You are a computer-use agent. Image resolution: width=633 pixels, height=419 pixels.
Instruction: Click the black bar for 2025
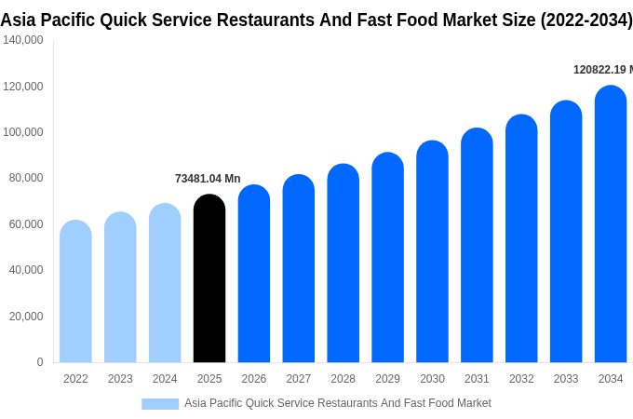(x=209, y=279)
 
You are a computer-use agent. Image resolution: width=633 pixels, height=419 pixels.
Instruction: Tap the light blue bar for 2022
(x=75, y=292)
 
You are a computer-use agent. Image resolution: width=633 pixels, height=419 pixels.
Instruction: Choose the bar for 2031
(x=477, y=246)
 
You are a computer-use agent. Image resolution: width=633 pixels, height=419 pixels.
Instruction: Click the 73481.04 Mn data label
(x=208, y=179)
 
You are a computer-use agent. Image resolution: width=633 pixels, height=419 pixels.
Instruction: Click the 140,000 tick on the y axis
(x=23, y=40)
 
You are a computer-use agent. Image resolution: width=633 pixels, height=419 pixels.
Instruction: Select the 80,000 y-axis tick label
(x=23, y=178)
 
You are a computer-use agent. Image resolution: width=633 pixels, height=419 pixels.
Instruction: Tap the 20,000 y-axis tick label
(x=23, y=317)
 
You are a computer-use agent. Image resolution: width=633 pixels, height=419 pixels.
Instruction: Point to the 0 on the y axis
(x=39, y=362)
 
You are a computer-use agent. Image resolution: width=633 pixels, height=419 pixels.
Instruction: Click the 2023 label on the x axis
(x=120, y=379)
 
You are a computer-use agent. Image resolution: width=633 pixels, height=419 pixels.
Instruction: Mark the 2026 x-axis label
(x=254, y=379)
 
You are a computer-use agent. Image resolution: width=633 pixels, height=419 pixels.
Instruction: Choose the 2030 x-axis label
(x=432, y=379)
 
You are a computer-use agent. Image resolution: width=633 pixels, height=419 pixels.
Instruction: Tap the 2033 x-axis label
(x=566, y=379)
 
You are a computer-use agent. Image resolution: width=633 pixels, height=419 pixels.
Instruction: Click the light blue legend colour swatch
(x=160, y=404)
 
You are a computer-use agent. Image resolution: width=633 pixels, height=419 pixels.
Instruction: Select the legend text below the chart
(x=338, y=403)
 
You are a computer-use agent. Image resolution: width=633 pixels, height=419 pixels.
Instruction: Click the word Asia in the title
(x=20, y=20)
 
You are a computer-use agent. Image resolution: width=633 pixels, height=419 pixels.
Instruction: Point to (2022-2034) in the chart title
(x=586, y=20)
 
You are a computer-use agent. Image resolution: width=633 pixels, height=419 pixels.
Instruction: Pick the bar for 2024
(x=165, y=283)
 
